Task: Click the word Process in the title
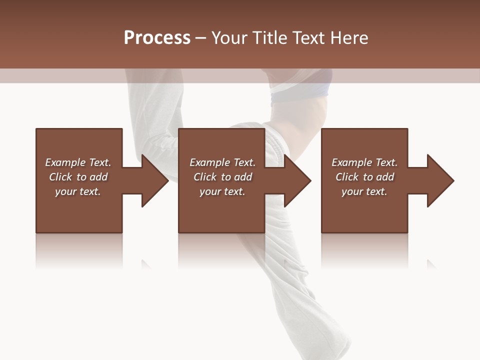(x=157, y=38)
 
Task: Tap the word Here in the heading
(x=348, y=38)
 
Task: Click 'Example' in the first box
(x=65, y=162)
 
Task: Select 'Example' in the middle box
(x=209, y=162)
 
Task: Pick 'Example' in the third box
(x=351, y=162)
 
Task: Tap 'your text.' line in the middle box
(x=222, y=191)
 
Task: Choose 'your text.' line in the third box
(x=364, y=191)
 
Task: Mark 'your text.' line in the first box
(x=77, y=191)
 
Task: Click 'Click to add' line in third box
(x=364, y=177)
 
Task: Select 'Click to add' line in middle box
(x=222, y=177)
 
